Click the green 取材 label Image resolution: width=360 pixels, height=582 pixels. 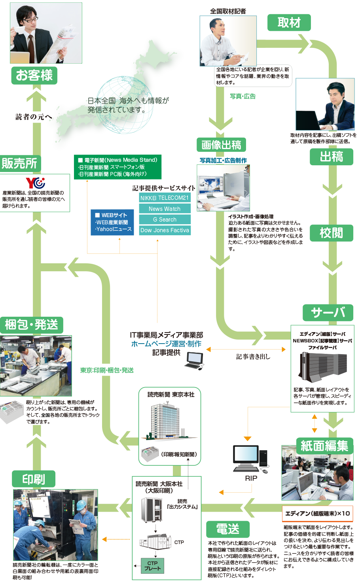[289, 23]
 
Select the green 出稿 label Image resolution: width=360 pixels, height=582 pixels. [331, 157]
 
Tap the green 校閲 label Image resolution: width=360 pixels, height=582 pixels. [331, 233]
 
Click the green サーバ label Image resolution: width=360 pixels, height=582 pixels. [328, 313]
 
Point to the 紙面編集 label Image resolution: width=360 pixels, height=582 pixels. [324, 446]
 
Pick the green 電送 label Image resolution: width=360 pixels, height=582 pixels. [228, 529]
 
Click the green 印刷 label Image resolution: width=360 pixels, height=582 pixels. [34, 479]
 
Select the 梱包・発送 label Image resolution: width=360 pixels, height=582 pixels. [32, 325]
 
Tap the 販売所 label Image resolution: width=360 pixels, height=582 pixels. [19, 163]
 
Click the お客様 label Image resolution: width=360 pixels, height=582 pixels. [34, 75]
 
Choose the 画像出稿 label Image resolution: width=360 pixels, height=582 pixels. [221, 145]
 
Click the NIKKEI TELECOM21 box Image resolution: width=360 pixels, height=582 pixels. [165, 198]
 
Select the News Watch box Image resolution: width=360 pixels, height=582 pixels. [165, 209]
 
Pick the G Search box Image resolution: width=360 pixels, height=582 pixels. [165, 219]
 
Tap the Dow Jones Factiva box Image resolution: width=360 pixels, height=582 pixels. [165, 230]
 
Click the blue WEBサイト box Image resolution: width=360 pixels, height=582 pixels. [112, 222]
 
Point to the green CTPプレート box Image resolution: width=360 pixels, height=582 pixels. [152, 566]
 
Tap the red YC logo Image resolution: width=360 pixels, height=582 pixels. [36, 183]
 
